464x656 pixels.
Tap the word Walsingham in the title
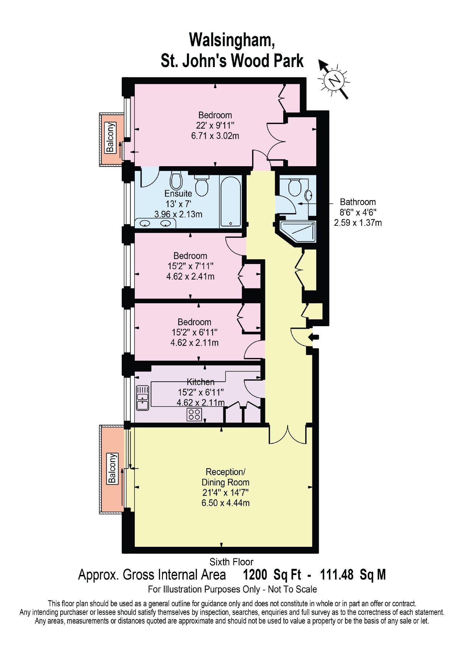click(232, 40)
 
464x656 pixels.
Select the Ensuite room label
click(178, 193)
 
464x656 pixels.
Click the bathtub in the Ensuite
click(230, 201)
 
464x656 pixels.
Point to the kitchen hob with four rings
click(194, 414)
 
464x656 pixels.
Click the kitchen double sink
click(143, 397)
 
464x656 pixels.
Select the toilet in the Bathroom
click(295, 187)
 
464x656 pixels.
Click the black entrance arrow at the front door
click(314, 337)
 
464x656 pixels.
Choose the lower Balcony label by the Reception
click(112, 469)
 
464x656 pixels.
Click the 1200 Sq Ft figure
click(272, 575)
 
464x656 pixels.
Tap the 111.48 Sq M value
click(353, 575)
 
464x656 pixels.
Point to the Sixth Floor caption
click(231, 562)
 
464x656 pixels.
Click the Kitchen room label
click(201, 382)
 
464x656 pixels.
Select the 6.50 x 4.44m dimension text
click(226, 503)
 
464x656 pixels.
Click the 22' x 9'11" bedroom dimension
click(215, 125)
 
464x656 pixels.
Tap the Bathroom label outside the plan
click(358, 202)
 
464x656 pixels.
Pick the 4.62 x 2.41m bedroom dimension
click(190, 277)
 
